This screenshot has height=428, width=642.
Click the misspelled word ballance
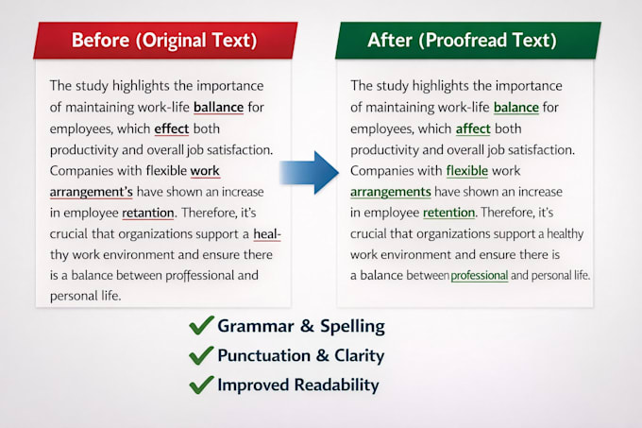[x=219, y=108]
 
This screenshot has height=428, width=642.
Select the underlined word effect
[x=172, y=128]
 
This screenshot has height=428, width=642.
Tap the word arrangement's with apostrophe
[x=92, y=192]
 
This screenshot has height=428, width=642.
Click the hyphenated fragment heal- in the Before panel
[x=267, y=234]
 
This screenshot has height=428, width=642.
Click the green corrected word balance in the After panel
[x=516, y=108]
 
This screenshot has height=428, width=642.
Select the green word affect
[x=473, y=128]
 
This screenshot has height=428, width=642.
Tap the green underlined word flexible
[x=467, y=170]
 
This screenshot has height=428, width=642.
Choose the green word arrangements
[x=391, y=192]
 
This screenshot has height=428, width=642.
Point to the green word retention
[x=448, y=213]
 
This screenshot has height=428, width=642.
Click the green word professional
[x=480, y=275]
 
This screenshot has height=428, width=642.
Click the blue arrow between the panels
[x=310, y=173]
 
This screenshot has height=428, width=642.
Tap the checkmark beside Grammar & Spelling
[x=201, y=325]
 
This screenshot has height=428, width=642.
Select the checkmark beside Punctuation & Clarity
[x=201, y=355]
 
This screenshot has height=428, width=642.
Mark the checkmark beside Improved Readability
[x=201, y=385]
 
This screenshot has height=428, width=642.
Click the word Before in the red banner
[x=101, y=40]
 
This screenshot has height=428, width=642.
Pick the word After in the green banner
[x=390, y=40]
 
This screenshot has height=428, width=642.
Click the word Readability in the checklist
[x=336, y=385]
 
